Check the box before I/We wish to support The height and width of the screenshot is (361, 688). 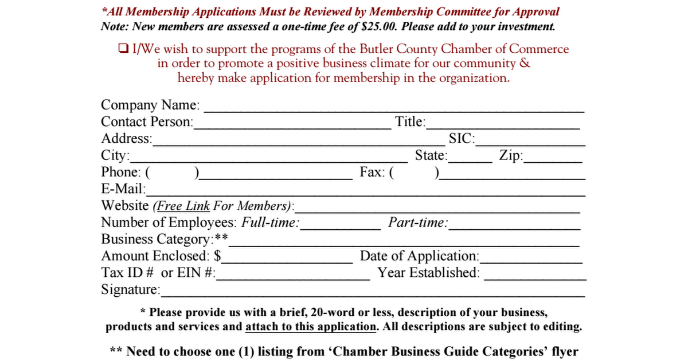(123, 49)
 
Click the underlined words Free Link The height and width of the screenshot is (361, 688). (183, 206)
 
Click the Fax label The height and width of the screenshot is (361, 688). (372, 172)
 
